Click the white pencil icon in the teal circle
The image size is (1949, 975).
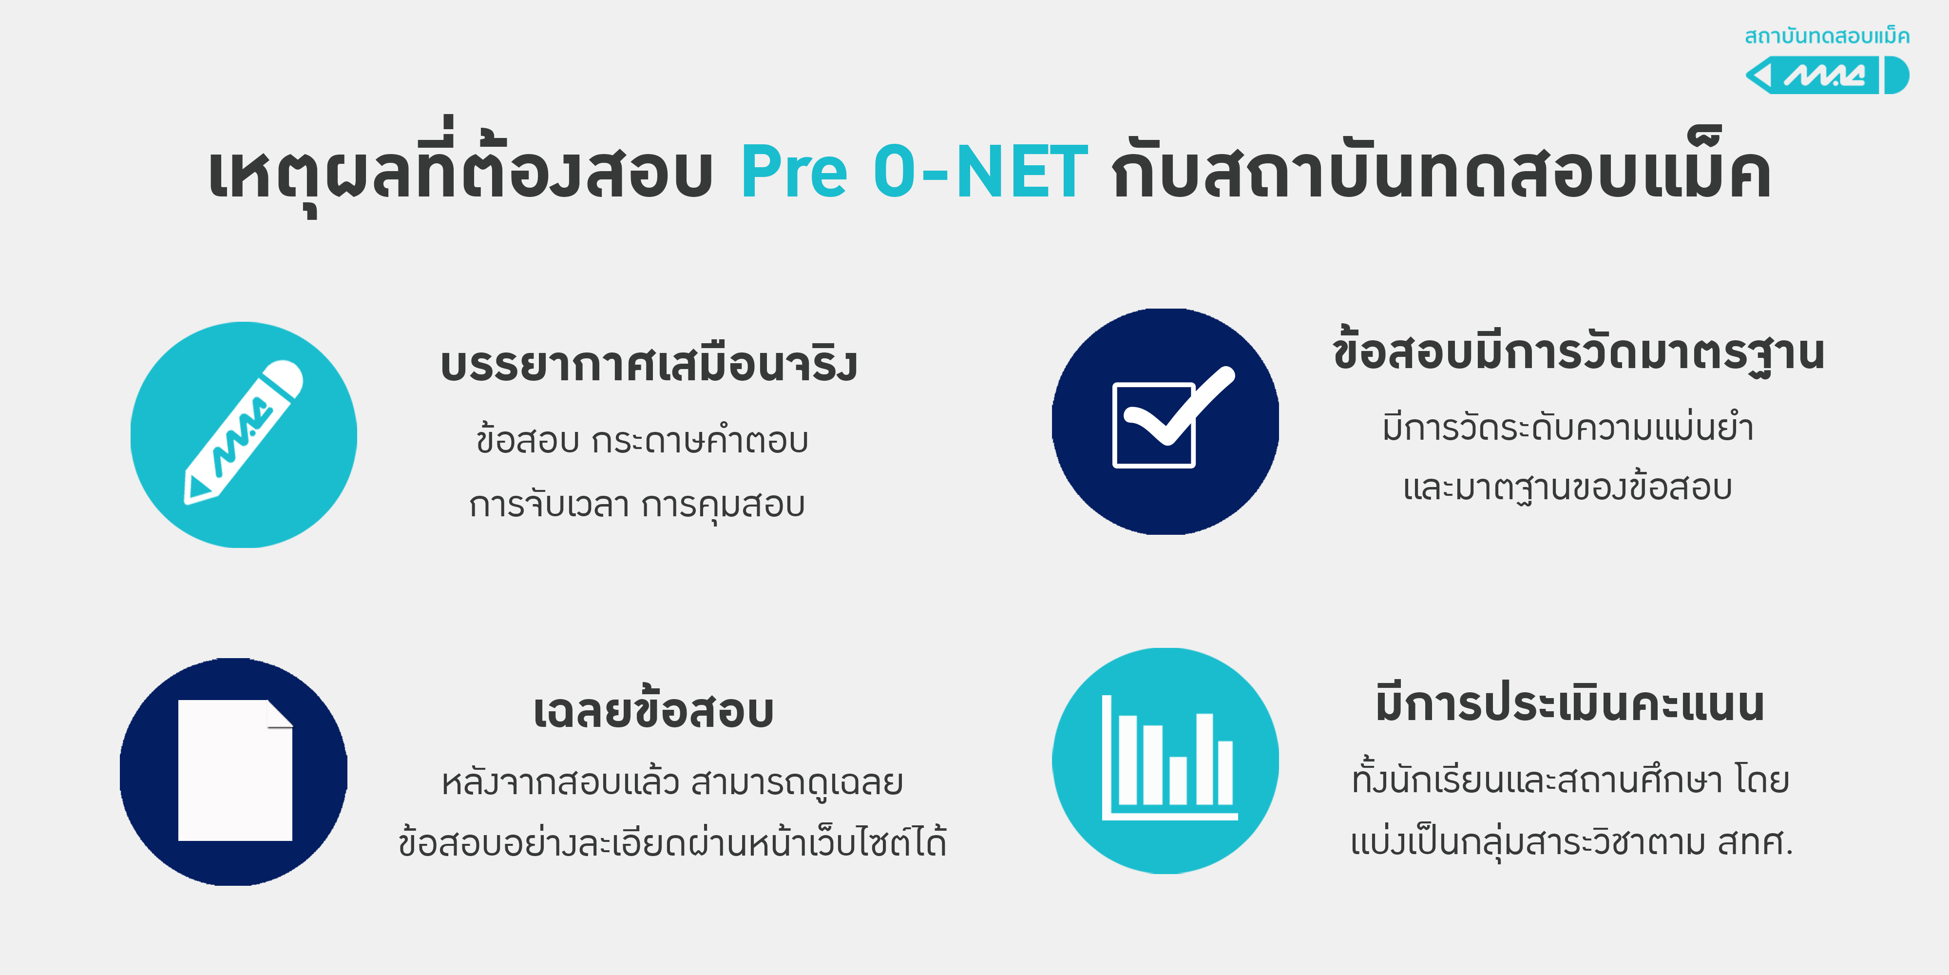click(244, 431)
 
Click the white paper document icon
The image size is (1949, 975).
click(235, 770)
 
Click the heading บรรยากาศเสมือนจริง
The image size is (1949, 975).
click(649, 364)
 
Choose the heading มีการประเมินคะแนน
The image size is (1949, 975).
click(1570, 702)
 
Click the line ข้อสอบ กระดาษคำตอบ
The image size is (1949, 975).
click(642, 439)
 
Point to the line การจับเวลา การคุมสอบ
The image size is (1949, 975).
click(637, 504)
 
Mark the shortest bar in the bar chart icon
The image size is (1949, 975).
click(1178, 780)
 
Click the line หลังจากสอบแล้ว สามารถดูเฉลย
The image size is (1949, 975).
click(672, 781)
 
